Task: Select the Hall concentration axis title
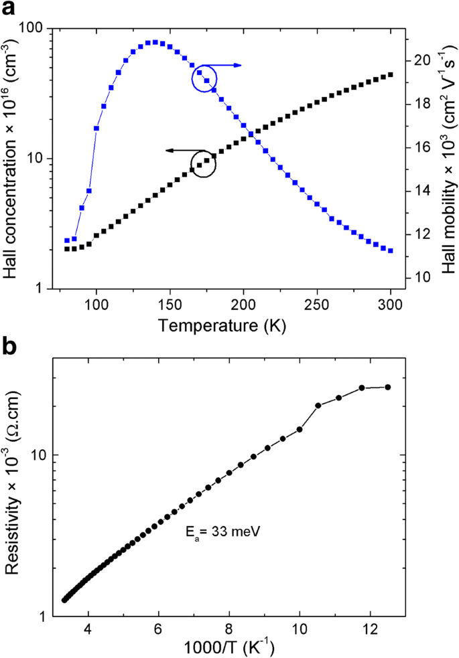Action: pyautogui.click(x=12, y=157)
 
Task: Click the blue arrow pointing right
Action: pyautogui.click(x=228, y=65)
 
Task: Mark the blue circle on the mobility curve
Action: pyautogui.click(x=205, y=78)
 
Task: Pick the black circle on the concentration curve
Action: pyautogui.click(x=204, y=164)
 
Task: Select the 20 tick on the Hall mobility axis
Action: pyautogui.click(x=420, y=60)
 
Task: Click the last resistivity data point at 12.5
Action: pyautogui.click(x=387, y=387)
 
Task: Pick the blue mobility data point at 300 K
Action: pyautogui.click(x=391, y=250)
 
